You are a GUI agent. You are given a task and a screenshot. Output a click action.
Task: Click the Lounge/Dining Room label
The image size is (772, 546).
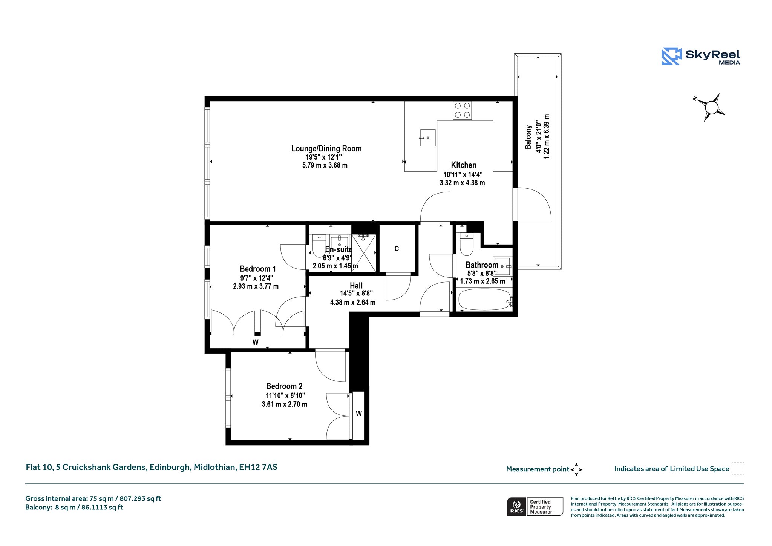[x=326, y=149]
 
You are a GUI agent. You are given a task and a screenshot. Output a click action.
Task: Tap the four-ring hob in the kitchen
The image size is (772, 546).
[x=462, y=110]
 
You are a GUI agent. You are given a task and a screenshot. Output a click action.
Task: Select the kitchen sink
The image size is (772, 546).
[x=428, y=138]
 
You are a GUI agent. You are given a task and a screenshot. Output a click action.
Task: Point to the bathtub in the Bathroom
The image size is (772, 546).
[x=485, y=299]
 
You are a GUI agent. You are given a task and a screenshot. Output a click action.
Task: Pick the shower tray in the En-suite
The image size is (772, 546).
[x=364, y=253]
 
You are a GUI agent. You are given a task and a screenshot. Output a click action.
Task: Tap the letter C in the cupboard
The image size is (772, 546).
[x=397, y=249]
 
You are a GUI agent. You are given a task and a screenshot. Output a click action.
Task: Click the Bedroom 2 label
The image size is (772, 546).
[x=284, y=386]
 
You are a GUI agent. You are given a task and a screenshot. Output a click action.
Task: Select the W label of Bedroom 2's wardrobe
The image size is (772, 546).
[x=359, y=414]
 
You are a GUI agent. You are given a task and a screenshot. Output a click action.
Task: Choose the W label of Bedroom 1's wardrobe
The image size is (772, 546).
[x=256, y=342]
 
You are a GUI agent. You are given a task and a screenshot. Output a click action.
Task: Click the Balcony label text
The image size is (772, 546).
[x=528, y=137]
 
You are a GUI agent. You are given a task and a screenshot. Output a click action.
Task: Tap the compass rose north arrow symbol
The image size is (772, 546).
[x=711, y=107]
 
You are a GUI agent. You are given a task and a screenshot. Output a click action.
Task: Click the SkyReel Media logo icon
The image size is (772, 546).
[x=672, y=56]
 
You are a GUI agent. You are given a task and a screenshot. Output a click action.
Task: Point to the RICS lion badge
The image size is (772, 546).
[x=516, y=506]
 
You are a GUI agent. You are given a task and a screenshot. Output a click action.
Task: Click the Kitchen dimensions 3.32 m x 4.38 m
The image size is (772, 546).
[x=462, y=183]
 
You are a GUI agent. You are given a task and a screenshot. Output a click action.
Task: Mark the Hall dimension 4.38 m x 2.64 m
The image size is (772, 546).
[x=353, y=302]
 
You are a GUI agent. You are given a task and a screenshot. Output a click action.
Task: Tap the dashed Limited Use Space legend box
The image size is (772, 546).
[x=738, y=468]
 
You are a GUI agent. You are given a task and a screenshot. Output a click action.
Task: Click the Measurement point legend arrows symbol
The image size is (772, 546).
[x=576, y=469]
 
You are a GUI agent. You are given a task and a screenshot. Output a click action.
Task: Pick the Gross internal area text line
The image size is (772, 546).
[x=93, y=498]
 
